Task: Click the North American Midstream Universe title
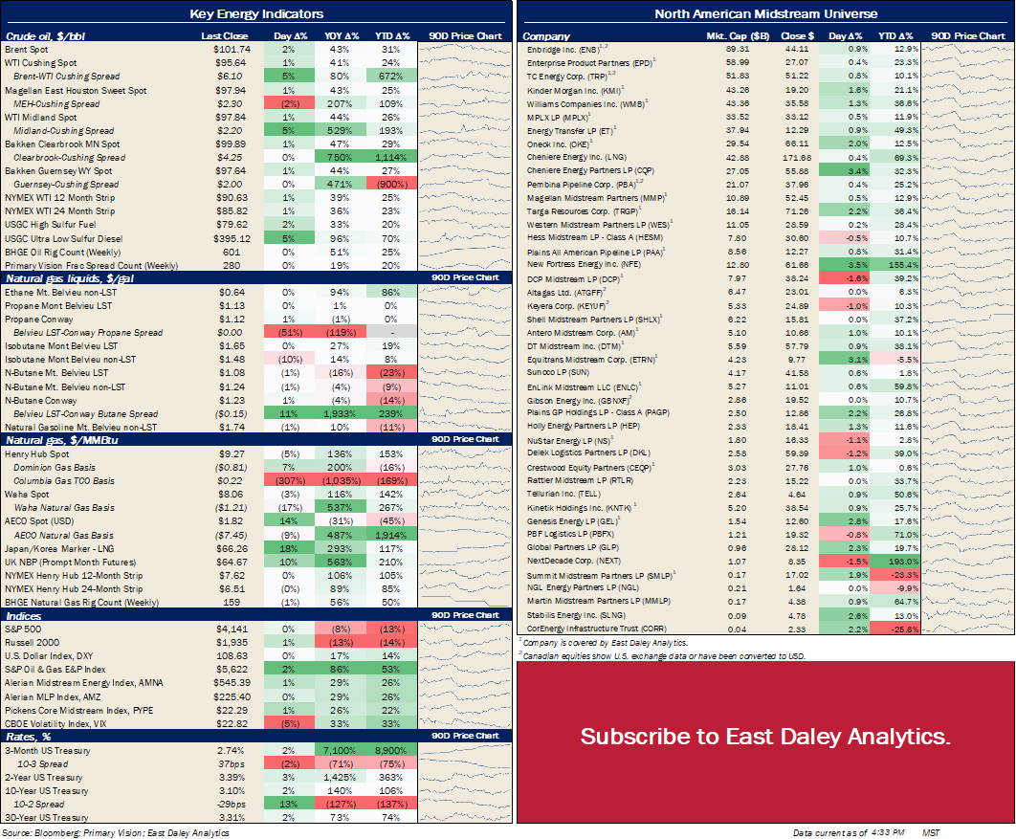[765, 13]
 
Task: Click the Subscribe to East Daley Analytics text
[765, 737]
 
